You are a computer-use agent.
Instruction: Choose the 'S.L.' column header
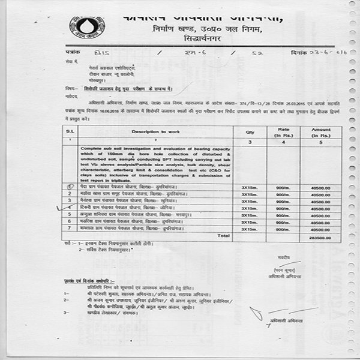point(70,131)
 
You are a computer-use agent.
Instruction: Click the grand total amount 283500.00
point(320,238)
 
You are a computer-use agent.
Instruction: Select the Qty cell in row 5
point(249,214)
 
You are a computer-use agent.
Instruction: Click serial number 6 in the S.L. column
point(70,221)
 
